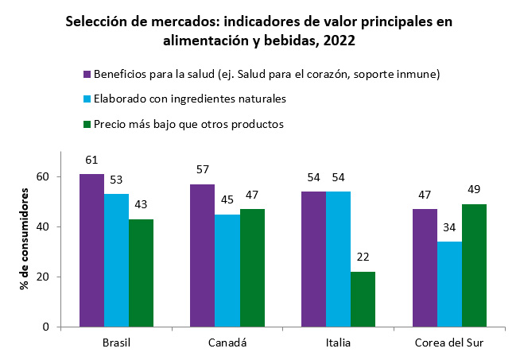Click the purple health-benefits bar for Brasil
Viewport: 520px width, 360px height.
tap(92, 250)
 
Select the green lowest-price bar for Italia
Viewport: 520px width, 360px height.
tap(363, 300)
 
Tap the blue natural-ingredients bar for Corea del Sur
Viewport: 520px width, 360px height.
tap(449, 285)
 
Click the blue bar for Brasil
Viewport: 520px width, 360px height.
tap(117, 261)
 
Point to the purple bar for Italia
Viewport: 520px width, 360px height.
tap(313, 259)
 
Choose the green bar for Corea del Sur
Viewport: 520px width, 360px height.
tap(474, 265)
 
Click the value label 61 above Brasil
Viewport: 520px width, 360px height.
tap(92, 159)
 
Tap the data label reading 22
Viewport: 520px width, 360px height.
tap(363, 257)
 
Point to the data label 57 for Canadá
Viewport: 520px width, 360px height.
tap(203, 169)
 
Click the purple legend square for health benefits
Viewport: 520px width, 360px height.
tap(87, 75)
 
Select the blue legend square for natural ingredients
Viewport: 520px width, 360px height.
tap(87, 99)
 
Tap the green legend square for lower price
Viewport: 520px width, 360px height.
tap(87, 124)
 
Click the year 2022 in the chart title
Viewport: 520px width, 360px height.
tap(340, 38)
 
